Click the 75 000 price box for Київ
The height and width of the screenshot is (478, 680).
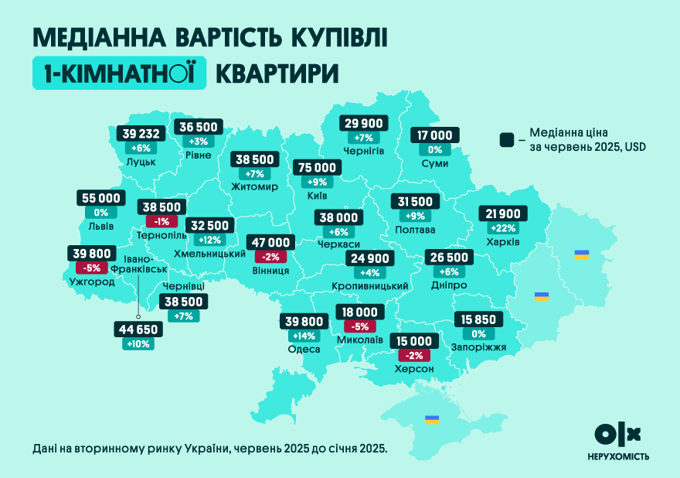[x=316, y=168]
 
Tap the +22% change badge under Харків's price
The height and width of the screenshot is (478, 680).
[x=501, y=229]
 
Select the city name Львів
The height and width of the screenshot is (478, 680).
[x=101, y=227]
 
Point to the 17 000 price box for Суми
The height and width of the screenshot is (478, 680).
[x=435, y=135]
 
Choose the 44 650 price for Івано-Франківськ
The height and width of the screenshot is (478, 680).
[x=138, y=329]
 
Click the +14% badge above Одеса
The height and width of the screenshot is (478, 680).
[x=303, y=336]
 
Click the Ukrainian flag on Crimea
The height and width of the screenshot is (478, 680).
[x=432, y=420]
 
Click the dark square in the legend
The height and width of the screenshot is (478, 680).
[x=506, y=139]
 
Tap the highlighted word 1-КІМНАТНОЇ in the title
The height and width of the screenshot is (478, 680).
[x=119, y=73]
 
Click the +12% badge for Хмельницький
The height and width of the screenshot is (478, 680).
[x=209, y=241]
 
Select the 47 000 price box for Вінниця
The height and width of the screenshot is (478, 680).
[x=268, y=242]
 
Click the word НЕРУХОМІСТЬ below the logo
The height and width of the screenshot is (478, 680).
[x=617, y=456]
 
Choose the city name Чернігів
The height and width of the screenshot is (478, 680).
[x=363, y=150]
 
